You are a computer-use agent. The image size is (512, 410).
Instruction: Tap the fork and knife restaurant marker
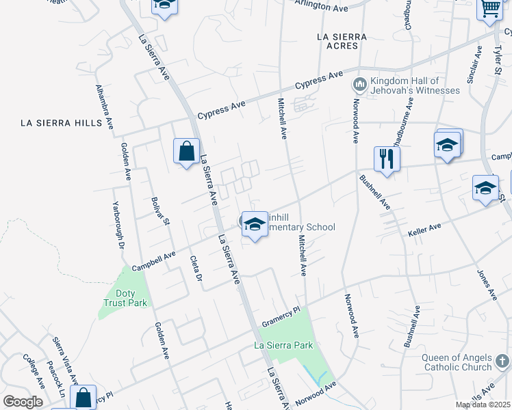point(387,160)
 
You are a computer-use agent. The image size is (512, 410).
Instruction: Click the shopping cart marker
point(490,10)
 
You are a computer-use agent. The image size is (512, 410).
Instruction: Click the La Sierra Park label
point(283,345)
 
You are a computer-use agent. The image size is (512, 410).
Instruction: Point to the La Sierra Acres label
point(342,41)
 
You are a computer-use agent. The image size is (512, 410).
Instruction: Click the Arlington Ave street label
point(321,7)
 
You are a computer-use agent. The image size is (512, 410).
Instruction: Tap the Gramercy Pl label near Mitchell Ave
point(281,317)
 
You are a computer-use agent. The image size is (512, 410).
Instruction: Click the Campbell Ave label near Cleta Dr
point(153,259)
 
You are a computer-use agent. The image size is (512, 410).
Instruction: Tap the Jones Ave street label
point(486,284)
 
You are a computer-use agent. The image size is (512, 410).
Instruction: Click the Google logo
point(23,402)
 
